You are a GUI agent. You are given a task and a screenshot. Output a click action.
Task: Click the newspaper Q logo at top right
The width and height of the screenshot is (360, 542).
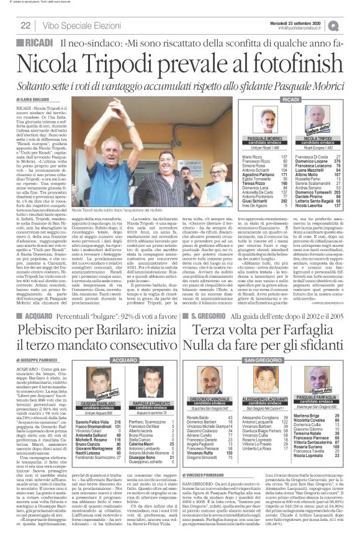pyautogui.click(x=351, y=24)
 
